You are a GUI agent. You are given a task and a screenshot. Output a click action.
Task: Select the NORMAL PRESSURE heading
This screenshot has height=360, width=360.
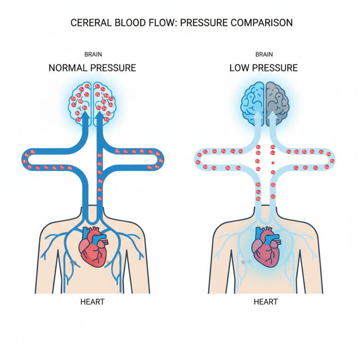click(x=92, y=68)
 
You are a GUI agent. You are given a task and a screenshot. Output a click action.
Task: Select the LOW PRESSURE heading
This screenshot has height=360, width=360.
click(x=264, y=68)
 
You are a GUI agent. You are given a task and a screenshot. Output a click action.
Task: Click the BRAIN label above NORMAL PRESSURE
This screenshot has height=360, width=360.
click(x=93, y=54)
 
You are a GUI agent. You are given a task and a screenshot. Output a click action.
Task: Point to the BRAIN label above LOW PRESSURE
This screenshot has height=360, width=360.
click(x=264, y=54)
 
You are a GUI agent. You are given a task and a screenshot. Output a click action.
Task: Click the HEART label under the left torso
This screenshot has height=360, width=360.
click(x=92, y=302)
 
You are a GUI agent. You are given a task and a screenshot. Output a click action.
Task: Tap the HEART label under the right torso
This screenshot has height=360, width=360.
click(x=265, y=302)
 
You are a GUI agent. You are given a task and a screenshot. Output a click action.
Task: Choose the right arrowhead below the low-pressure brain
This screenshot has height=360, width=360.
click(x=273, y=119)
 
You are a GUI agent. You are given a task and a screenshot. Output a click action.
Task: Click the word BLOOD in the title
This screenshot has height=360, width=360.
click(x=131, y=22)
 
